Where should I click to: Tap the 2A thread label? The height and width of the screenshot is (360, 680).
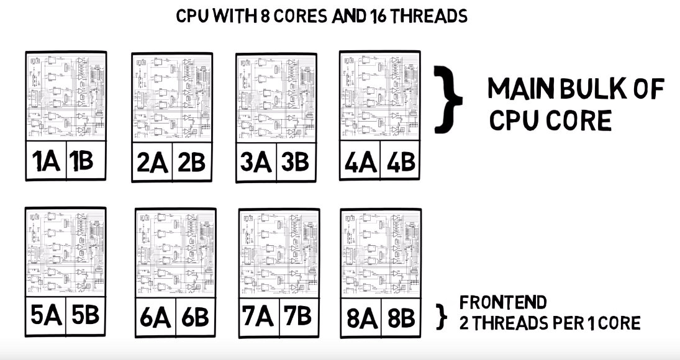pyautogui.click(x=152, y=163)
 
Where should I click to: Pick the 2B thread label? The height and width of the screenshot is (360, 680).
pyautogui.click(x=191, y=163)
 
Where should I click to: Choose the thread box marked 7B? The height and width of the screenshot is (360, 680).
pyautogui.click(x=296, y=317)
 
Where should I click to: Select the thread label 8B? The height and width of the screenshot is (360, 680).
pyautogui.click(x=400, y=318)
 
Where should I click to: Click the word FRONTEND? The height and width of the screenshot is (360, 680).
pyautogui.click(x=503, y=303)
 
